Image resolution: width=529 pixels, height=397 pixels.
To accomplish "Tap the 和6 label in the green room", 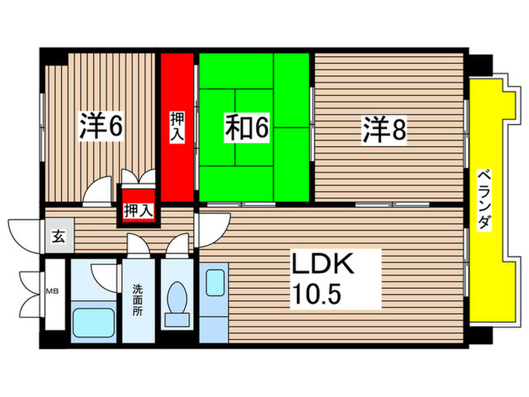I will coord(246,129).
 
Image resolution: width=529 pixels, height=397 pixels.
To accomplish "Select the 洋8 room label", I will coord(384,130).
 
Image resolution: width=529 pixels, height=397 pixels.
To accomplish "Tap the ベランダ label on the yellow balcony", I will coord(484,200).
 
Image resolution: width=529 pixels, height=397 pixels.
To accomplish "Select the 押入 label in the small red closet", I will coord(138,211).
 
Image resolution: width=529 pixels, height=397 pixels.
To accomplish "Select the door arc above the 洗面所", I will coord(137,247).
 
